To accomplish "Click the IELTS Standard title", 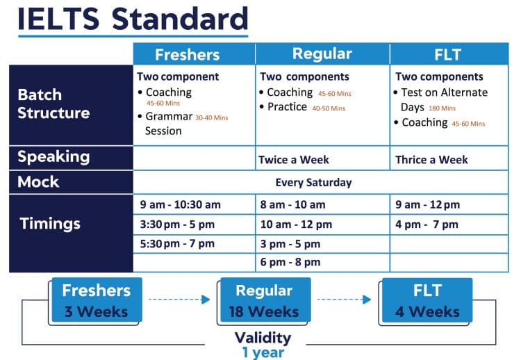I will pyautogui.click(x=132, y=19).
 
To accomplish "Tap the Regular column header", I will pyautogui.click(x=322, y=54).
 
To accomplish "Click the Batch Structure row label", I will pyautogui.click(x=53, y=104).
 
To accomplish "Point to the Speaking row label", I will pyautogui.click(x=53, y=156).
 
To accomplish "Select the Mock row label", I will pyautogui.click(x=39, y=182).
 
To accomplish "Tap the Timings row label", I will pyautogui.click(x=50, y=224).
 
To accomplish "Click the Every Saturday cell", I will pyautogui.click(x=313, y=183).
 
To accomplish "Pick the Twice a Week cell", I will pyautogui.click(x=293, y=160).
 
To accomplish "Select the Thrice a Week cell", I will pyautogui.click(x=431, y=160).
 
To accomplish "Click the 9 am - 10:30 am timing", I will pyautogui.click(x=180, y=205).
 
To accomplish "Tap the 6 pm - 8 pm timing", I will pyautogui.click(x=290, y=262).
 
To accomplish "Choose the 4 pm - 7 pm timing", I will pyautogui.click(x=427, y=224).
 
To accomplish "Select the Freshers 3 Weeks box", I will pyautogui.click(x=97, y=300).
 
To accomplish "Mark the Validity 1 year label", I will pyautogui.click(x=263, y=345).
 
